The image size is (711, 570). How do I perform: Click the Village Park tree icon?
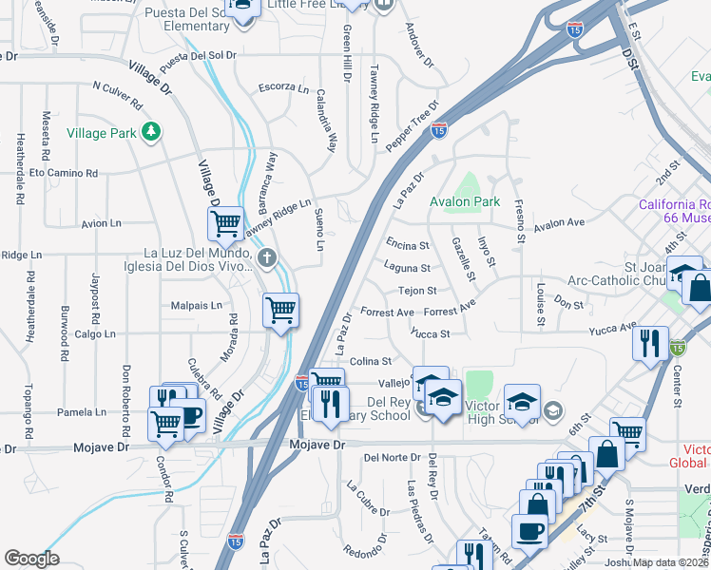pyautogui.click(x=150, y=132)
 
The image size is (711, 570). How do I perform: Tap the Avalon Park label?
pyautogui.click(x=465, y=202)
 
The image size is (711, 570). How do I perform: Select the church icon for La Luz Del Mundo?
pyautogui.click(x=268, y=257)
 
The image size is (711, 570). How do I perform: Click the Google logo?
pyautogui.click(x=31, y=559)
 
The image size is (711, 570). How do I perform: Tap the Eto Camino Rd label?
pyautogui.click(x=64, y=174)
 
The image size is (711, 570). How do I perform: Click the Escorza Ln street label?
pyautogui.click(x=284, y=88)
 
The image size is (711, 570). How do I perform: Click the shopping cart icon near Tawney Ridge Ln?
pyautogui.click(x=225, y=224)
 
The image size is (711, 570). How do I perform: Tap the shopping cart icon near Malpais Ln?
pyautogui.click(x=281, y=310)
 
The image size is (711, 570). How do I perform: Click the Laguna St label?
pyautogui.click(x=408, y=269)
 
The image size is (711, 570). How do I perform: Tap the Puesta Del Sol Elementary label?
pyautogui.click(x=186, y=19)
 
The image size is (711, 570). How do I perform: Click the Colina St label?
pyautogui.click(x=371, y=361)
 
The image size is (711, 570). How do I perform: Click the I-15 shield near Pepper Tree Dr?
pyautogui.click(x=438, y=130)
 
